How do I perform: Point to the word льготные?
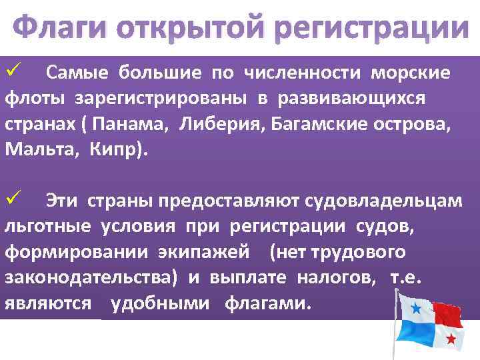(x=47, y=226)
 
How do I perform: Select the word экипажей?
(x=203, y=252)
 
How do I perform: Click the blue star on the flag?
(x=417, y=308)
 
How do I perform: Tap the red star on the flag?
(x=451, y=339)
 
